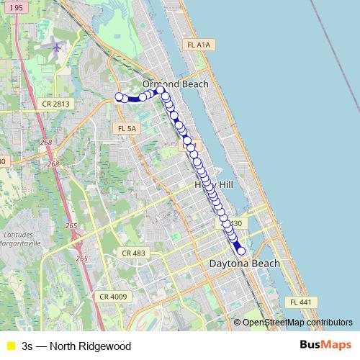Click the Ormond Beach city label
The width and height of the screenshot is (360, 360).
[175, 84]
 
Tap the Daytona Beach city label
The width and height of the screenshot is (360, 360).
[244, 264]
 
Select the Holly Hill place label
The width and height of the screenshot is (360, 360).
[214, 185]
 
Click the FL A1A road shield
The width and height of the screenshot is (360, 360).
[197, 45]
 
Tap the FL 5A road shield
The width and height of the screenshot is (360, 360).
[125, 128]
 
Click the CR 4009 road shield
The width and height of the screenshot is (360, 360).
[113, 297]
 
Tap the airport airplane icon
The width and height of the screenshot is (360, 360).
[57, 47]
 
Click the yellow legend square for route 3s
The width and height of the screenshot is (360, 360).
[9, 346]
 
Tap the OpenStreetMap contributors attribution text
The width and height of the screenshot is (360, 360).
[297, 323]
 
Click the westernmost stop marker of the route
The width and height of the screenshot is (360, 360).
[119, 97]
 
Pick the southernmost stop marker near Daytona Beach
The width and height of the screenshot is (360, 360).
[241, 251]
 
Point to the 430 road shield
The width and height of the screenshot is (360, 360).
[235, 223]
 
